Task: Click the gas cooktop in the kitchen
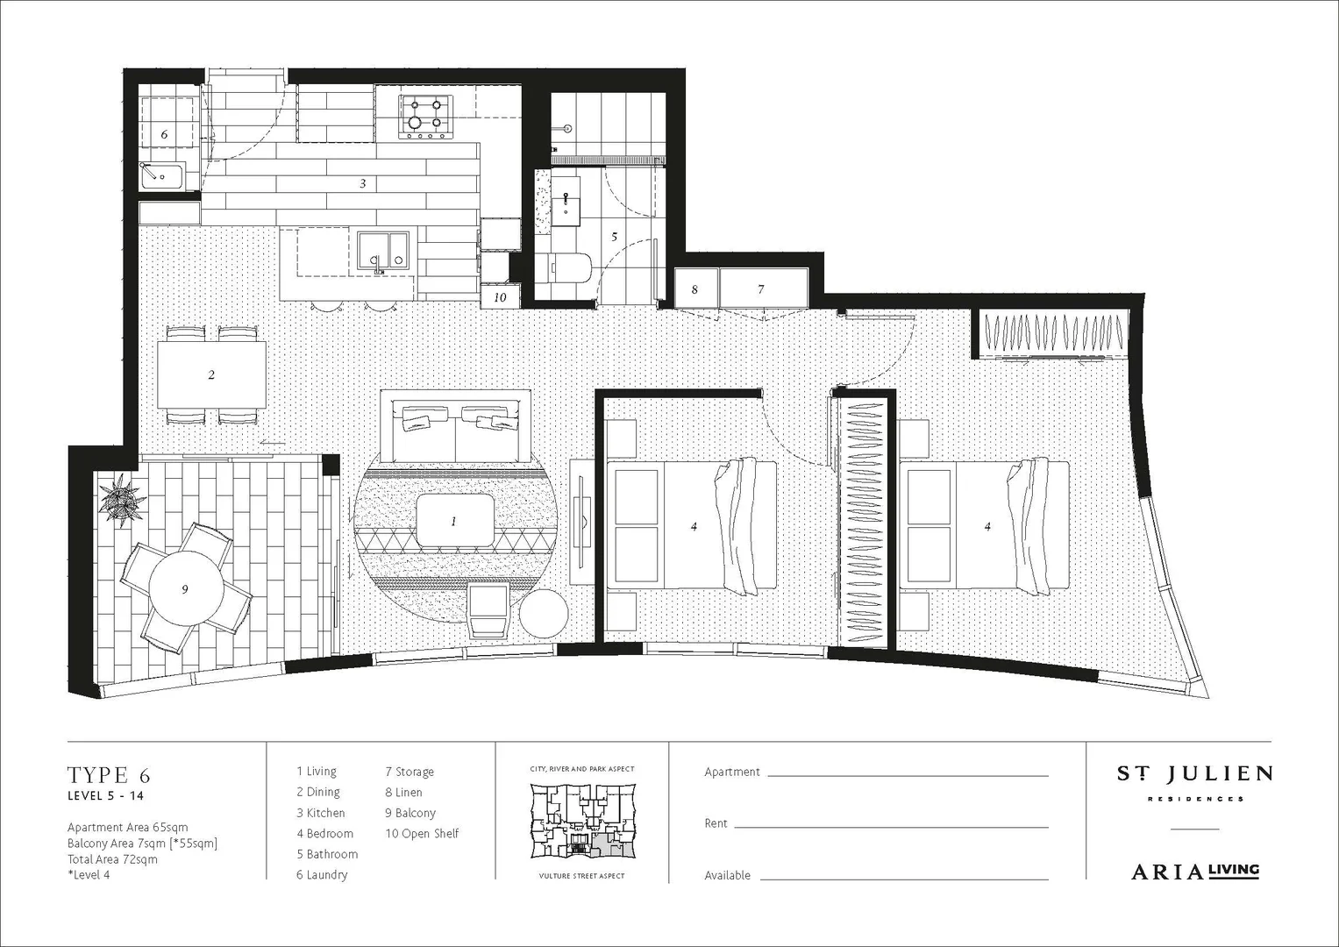point(425,117)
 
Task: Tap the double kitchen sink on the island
point(384,250)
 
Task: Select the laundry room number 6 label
point(164,134)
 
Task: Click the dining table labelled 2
point(211,374)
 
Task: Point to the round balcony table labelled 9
point(185,589)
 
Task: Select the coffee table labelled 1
point(454,521)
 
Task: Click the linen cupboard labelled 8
point(695,288)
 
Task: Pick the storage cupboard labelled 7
point(762,288)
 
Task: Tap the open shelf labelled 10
point(501,296)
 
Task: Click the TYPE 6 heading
point(109,775)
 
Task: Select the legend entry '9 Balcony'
point(410,813)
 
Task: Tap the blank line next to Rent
point(891,824)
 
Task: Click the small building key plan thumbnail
point(581,822)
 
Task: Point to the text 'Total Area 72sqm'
point(112,859)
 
